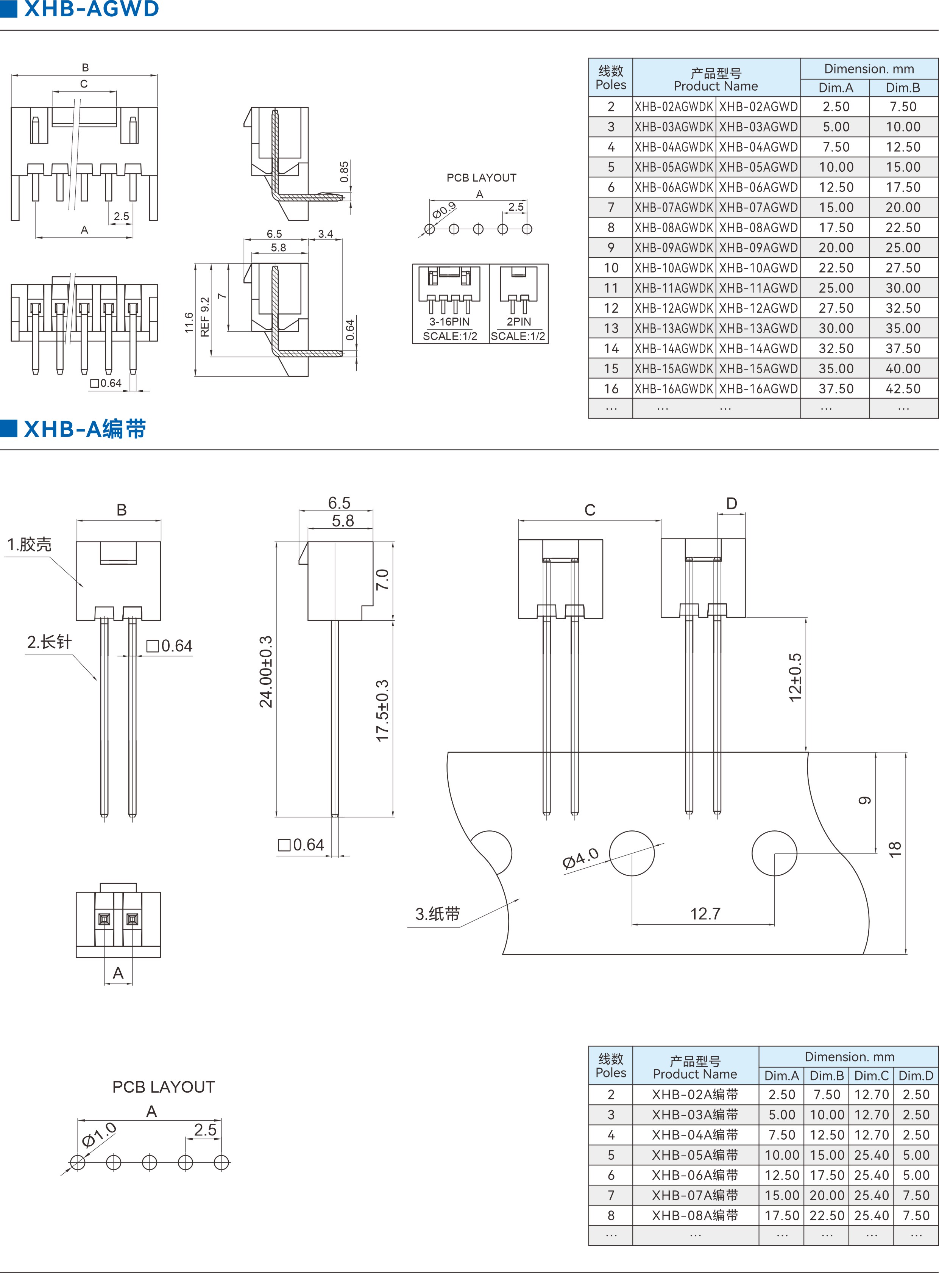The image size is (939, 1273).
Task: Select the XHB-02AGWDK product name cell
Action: [674, 107]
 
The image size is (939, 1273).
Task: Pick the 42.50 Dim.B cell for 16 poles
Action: [903, 389]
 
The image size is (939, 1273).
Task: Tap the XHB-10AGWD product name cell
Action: [758, 268]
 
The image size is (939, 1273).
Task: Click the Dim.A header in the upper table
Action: [836, 88]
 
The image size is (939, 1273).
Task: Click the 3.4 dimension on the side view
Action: [326, 234]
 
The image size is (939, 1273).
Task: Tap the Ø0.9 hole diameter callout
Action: [444, 210]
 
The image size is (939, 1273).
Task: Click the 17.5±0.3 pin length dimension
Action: [382, 711]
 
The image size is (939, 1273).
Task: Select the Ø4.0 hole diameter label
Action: [580, 858]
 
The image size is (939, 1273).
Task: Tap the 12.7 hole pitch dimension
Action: [705, 913]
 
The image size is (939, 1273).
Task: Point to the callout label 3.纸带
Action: [437, 914]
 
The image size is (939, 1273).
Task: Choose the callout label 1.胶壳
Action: [29, 544]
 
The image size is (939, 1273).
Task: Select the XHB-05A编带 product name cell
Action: [694, 1155]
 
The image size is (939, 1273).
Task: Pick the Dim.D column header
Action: [916, 1076]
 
